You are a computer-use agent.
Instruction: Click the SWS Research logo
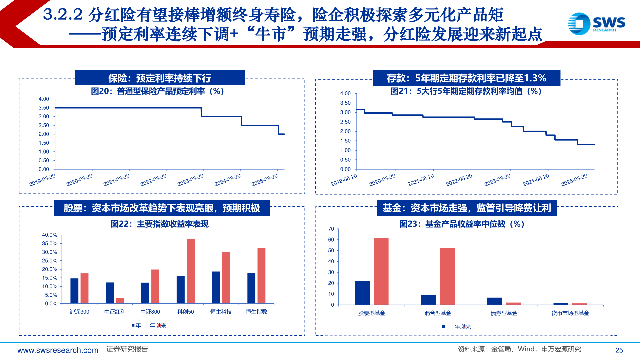(596, 24)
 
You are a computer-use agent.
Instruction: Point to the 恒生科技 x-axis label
(221, 312)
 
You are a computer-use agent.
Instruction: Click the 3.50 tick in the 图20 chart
(44, 108)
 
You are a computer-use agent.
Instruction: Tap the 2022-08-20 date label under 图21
(459, 180)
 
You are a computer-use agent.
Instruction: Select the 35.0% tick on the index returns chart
(49, 243)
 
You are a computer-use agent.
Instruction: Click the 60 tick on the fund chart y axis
(331, 239)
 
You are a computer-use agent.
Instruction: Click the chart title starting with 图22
(160, 224)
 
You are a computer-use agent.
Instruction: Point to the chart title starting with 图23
(462, 224)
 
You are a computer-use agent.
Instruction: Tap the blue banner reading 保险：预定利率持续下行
(160, 78)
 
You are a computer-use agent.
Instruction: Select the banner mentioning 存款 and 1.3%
(466, 78)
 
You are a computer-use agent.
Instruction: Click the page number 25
(619, 350)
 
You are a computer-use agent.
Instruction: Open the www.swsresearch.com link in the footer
(58, 350)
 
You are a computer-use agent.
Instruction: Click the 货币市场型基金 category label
(570, 313)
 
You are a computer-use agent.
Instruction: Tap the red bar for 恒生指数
(261, 275)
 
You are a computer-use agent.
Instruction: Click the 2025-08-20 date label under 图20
(264, 180)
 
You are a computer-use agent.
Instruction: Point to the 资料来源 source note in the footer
(519, 349)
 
